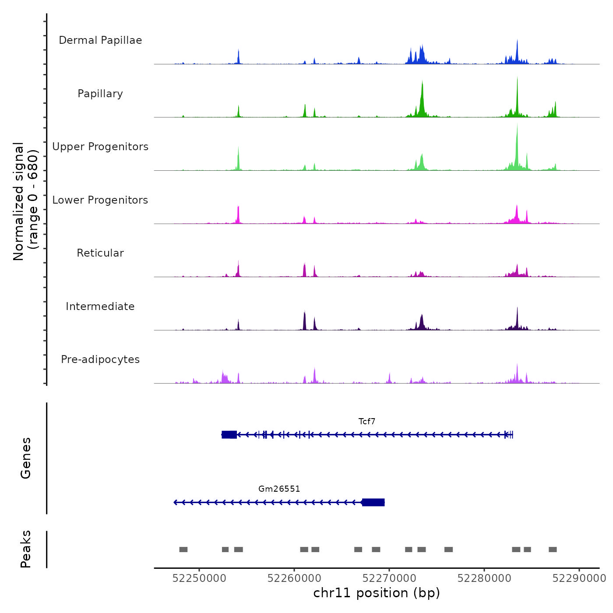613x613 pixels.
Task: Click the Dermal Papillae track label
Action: point(100,40)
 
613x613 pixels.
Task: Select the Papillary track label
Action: point(100,94)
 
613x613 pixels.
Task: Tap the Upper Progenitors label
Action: point(100,147)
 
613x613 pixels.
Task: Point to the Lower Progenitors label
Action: point(100,200)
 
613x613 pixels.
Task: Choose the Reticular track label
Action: point(100,253)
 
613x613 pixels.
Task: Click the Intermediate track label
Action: point(100,306)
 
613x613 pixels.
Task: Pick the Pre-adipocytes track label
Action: point(100,359)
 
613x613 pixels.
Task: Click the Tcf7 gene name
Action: point(367,422)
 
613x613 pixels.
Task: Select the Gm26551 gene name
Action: point(279,489)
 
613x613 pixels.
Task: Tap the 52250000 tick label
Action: point(199,578)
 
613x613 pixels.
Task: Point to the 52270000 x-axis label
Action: point(389,578)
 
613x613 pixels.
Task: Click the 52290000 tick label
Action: point(579,578)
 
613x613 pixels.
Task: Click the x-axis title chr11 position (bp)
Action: point(377,593)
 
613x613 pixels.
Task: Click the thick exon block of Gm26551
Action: point(373,502)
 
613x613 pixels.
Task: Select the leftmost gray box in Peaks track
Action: point(183,550)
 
